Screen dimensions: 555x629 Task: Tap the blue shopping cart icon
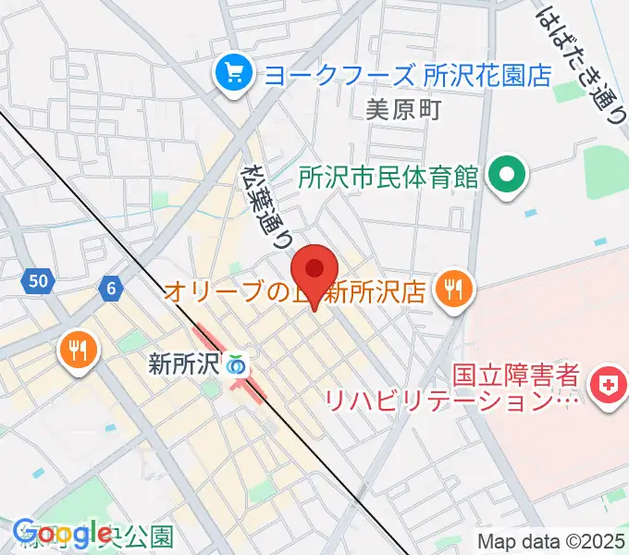[x=230, y=73]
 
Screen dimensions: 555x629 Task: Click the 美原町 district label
[x=403, y=110]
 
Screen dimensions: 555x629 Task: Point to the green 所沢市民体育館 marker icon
[x=507, y=174]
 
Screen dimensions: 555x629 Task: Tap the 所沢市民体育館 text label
[x=388, y=175]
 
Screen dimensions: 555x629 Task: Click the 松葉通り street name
[x=266, y=203]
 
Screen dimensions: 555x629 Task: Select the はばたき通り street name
[x=583, y=60]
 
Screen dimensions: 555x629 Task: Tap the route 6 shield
[x=111, y=289]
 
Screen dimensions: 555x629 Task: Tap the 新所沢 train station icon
[x=236, y=364]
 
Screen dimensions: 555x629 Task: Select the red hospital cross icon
[x=609, y=389]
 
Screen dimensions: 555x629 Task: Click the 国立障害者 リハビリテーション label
[x=451, y=389]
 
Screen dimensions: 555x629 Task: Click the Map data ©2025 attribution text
[x=551, y=541]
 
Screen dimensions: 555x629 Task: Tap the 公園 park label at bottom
[x=148, y=536]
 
